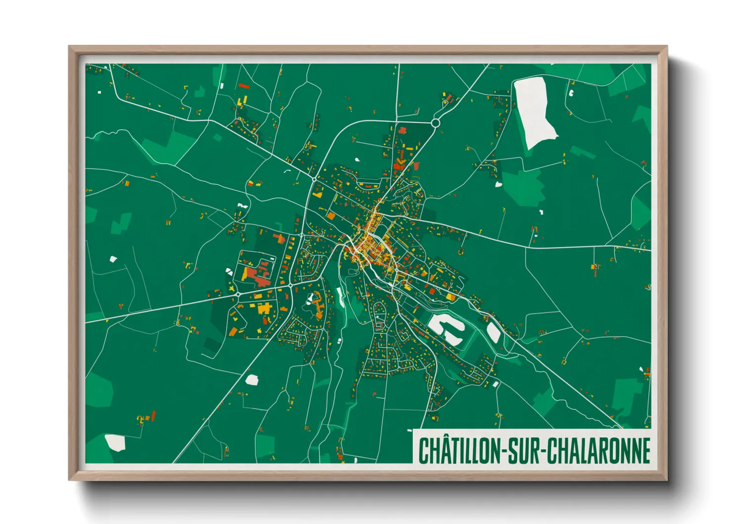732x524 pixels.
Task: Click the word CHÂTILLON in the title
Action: tap(459, 451)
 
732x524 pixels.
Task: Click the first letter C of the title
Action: tap(423, 451)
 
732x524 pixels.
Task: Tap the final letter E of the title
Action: tap(645, 451)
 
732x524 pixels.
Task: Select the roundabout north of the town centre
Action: tap(435, 122)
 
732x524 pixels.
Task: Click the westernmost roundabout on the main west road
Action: tap(238, 294)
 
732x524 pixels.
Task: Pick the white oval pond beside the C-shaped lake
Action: tap(493, 332)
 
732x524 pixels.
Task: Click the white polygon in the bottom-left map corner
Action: tap(115, 442)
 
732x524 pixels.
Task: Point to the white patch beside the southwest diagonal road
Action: tap(252, 380)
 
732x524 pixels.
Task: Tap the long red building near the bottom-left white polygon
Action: tap(153, 416)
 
